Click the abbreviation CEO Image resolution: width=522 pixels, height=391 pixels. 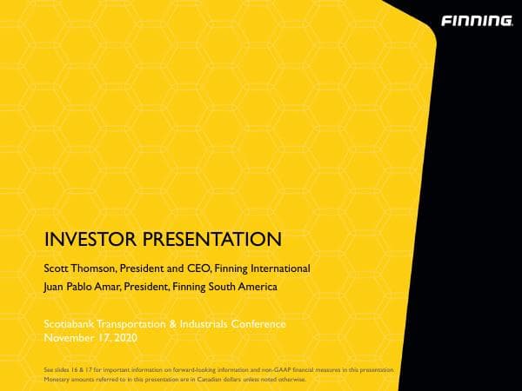[201, 268]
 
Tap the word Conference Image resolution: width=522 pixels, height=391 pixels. [258, 324]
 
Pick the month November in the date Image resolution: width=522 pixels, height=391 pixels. [69, 336]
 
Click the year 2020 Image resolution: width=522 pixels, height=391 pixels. [124, 336]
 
